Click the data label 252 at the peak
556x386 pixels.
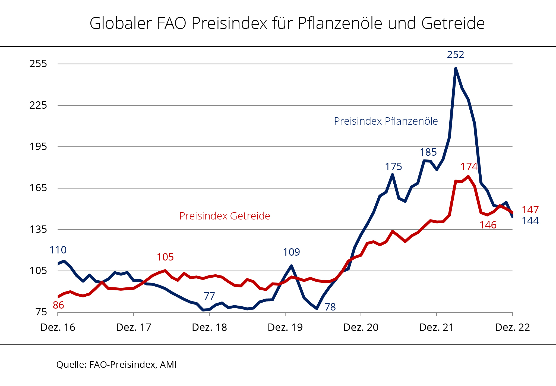point(455,55)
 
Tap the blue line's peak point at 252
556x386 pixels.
point(455,68)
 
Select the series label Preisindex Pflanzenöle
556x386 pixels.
point(386,121)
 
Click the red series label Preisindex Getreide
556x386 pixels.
point(225,216)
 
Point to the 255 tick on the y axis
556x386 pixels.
point(38,64)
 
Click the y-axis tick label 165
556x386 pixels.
point(38,188)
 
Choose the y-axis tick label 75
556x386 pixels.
point(41,312)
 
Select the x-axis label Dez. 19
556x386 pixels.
point(285,328)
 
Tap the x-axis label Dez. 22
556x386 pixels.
point(512,328)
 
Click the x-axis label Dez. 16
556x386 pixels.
point(58,328)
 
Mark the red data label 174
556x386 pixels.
point(469,167)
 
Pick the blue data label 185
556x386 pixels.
point(428,152)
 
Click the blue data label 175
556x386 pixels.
point(393,167)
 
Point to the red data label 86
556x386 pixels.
point(58,305)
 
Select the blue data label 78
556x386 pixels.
point(330,307)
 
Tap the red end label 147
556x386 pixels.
point(530,210)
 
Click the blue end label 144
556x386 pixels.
point(530,221)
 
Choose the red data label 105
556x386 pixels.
point(165,257)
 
